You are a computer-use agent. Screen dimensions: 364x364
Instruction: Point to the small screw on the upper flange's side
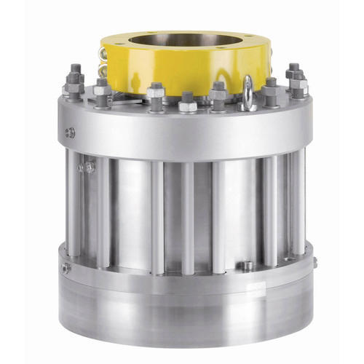(x=70, y=132)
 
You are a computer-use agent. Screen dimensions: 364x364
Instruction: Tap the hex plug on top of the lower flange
(x=247, y=266)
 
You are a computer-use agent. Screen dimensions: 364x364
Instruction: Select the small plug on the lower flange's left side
(x=66, y=268)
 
